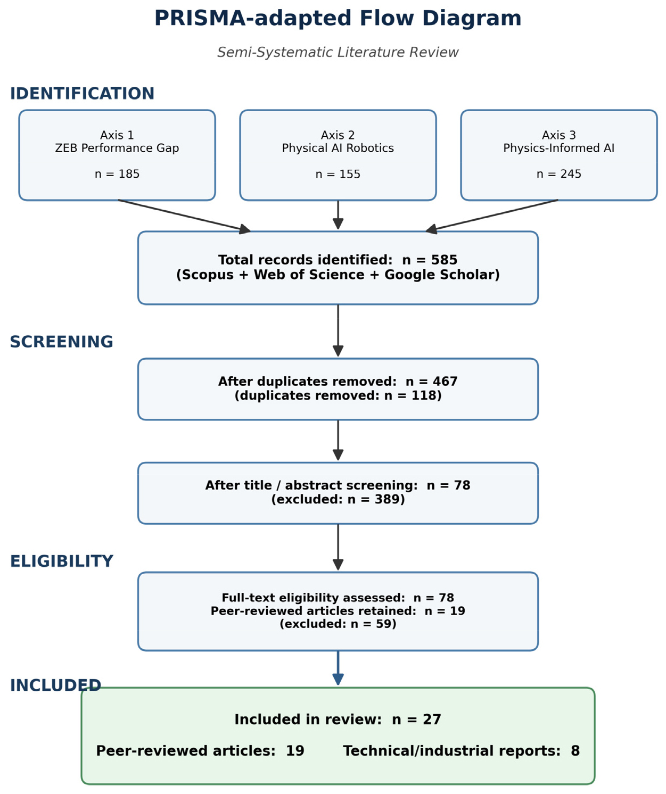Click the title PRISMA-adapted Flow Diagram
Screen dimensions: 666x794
click(338, 18)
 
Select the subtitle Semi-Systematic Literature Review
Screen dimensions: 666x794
click(338, 52)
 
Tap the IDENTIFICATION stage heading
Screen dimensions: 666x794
click(82, 94)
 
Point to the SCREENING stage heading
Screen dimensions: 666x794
click(62, 342)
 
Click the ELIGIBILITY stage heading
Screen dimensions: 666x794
click(62, 561)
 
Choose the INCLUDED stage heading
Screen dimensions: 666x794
click(55, 685)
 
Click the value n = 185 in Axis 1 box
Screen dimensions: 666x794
click(117, 174)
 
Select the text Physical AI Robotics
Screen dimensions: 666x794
click(338, 148)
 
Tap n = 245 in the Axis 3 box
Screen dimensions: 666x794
click(559, 174)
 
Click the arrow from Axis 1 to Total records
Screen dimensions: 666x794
click(184, 215)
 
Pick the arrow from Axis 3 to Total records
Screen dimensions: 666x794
click(491, 215)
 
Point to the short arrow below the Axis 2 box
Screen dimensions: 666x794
click(338, 215)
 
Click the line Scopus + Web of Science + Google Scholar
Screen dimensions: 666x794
click(338, 275)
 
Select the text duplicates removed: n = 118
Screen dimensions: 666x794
click(338, 395)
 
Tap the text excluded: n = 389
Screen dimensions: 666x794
click(338, 499)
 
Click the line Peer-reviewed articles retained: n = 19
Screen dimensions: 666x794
click(338, 611)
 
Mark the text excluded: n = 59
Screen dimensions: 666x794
click(338, 624)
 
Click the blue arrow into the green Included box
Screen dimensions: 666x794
click(338, 668)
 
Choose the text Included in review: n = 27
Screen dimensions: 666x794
click(338, 719)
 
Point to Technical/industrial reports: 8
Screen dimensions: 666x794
click(462, 751)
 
